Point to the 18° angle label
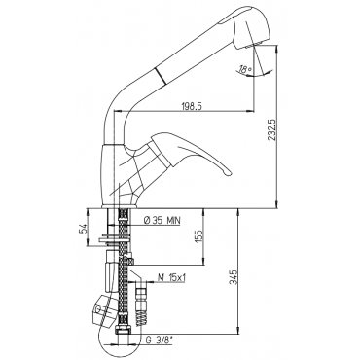(x=245, y=69)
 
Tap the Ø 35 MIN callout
(x=162, y=221)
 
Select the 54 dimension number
(x=83, y=229)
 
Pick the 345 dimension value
(x=234, y=276)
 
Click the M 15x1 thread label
(x=171, y=278)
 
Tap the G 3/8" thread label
(x=160, y=341)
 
